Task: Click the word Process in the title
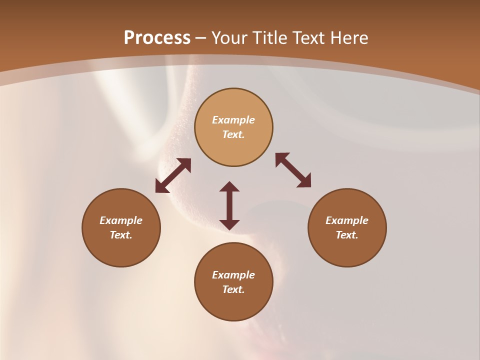click(157, 37)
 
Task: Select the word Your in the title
click(229, 37)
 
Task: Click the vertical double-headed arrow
click(229, 205)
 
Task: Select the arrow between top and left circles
click(173, 175)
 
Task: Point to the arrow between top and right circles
click(293, 170)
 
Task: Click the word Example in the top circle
click(233, 120)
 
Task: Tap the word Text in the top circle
click(233, 134)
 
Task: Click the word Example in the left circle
click(121, 220)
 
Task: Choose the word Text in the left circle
click(121, 235)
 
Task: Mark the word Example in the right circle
click(347, 220)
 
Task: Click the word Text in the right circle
click(347, 235)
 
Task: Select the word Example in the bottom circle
click(233, 275)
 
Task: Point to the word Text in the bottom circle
click(233, 289)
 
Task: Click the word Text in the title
click(308, 37)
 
